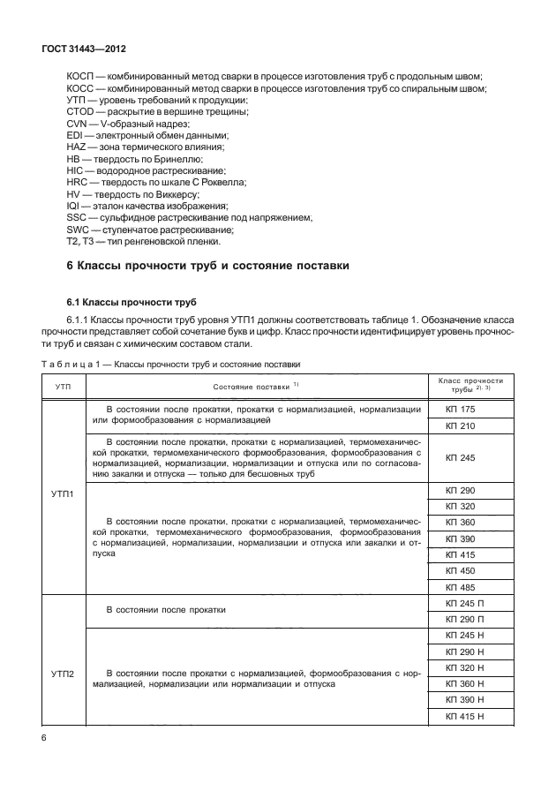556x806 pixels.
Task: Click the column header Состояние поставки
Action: [256, 385]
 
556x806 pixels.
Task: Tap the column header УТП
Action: [64, 385]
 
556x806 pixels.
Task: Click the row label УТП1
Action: [64, 494]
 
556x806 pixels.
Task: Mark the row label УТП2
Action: [64, 675]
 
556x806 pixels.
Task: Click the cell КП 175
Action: [461, 410]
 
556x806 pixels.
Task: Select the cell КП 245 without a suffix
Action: [461, 458]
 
